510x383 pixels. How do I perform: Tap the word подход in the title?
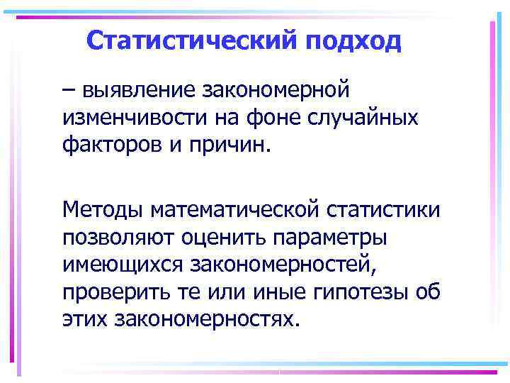click(x=354, y=40)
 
